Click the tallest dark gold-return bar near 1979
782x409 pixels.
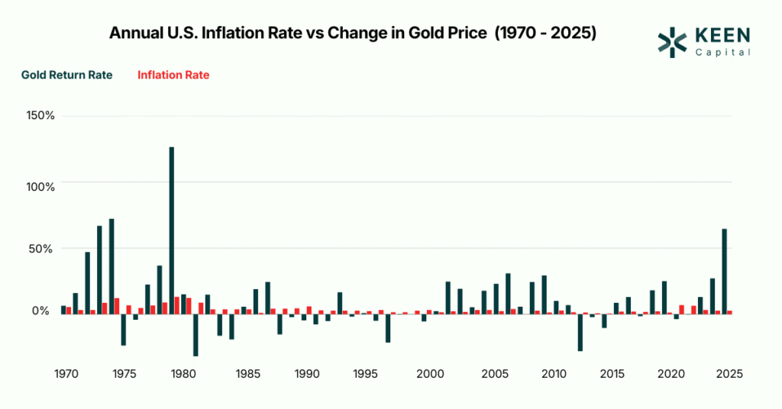pyautogui.click(x=172, y=229)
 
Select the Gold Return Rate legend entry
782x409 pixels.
pyautogui.click(x=67, y=75)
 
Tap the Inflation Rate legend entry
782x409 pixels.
pyautogui.click(x=173, y=75)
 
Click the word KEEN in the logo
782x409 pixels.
pyautogui.click(x=722, y=36)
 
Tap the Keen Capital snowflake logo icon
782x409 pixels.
pyautogui.click(x=672, y=42)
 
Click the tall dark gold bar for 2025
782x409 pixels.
pyautogui.click(x=724, y=270)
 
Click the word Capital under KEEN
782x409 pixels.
pyautogui.click(x=722, y=52)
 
